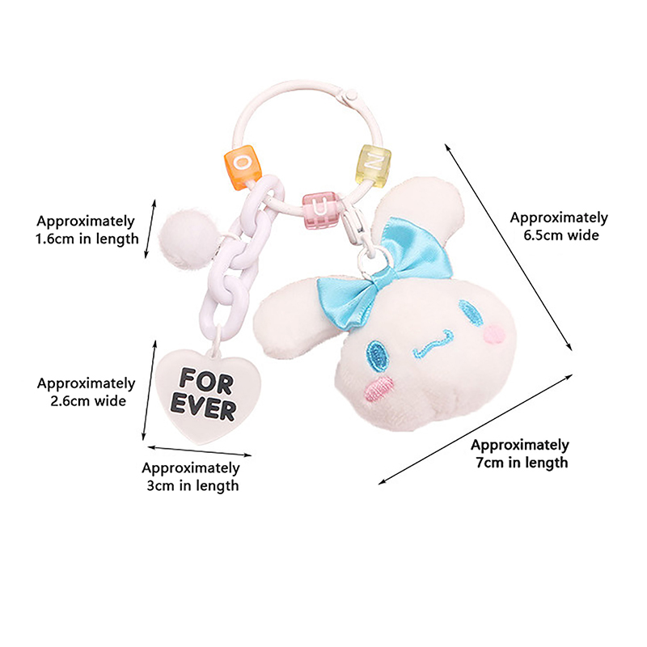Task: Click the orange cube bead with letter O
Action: pos(242,165)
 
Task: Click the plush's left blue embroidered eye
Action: pos(376,349)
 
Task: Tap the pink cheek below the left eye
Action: pos(378,388)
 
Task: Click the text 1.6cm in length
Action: pos(87,239)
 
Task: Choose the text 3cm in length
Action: pos(191,486)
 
